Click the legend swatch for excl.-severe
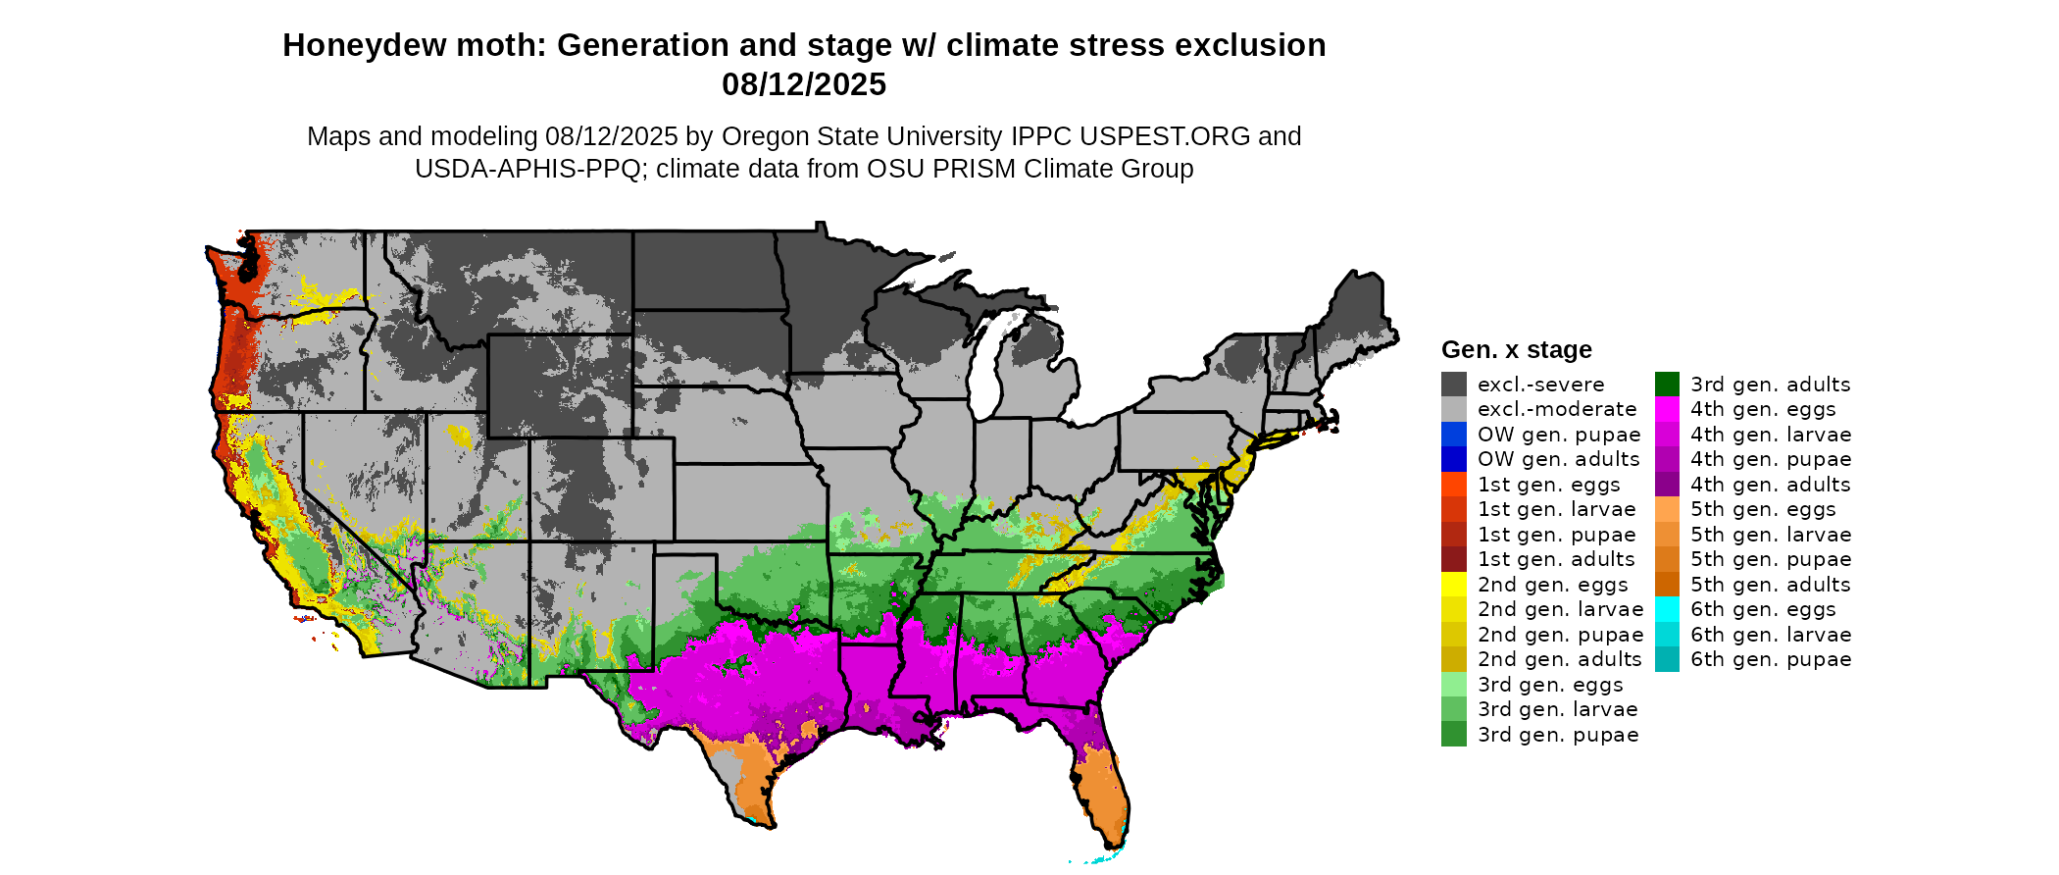click(1453, 385)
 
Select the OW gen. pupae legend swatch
click(1453, 435)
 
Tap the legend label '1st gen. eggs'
click(1549, 485)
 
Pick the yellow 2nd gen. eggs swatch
click(1453, 585)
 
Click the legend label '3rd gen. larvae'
click(1558, 709)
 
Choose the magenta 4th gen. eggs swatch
click(1667, 409)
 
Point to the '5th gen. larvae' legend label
click(1771, 535)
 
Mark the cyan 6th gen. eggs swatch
click(1667, 609)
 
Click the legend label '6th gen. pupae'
click(1771, 659)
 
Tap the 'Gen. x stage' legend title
click(1516, 350)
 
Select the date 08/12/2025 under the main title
click(804, 85)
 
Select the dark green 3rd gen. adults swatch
click(1667, 385)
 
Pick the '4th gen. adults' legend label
click(1771, 485)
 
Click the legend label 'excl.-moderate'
click(1557, 409)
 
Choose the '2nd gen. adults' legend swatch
click(1453, 659)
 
